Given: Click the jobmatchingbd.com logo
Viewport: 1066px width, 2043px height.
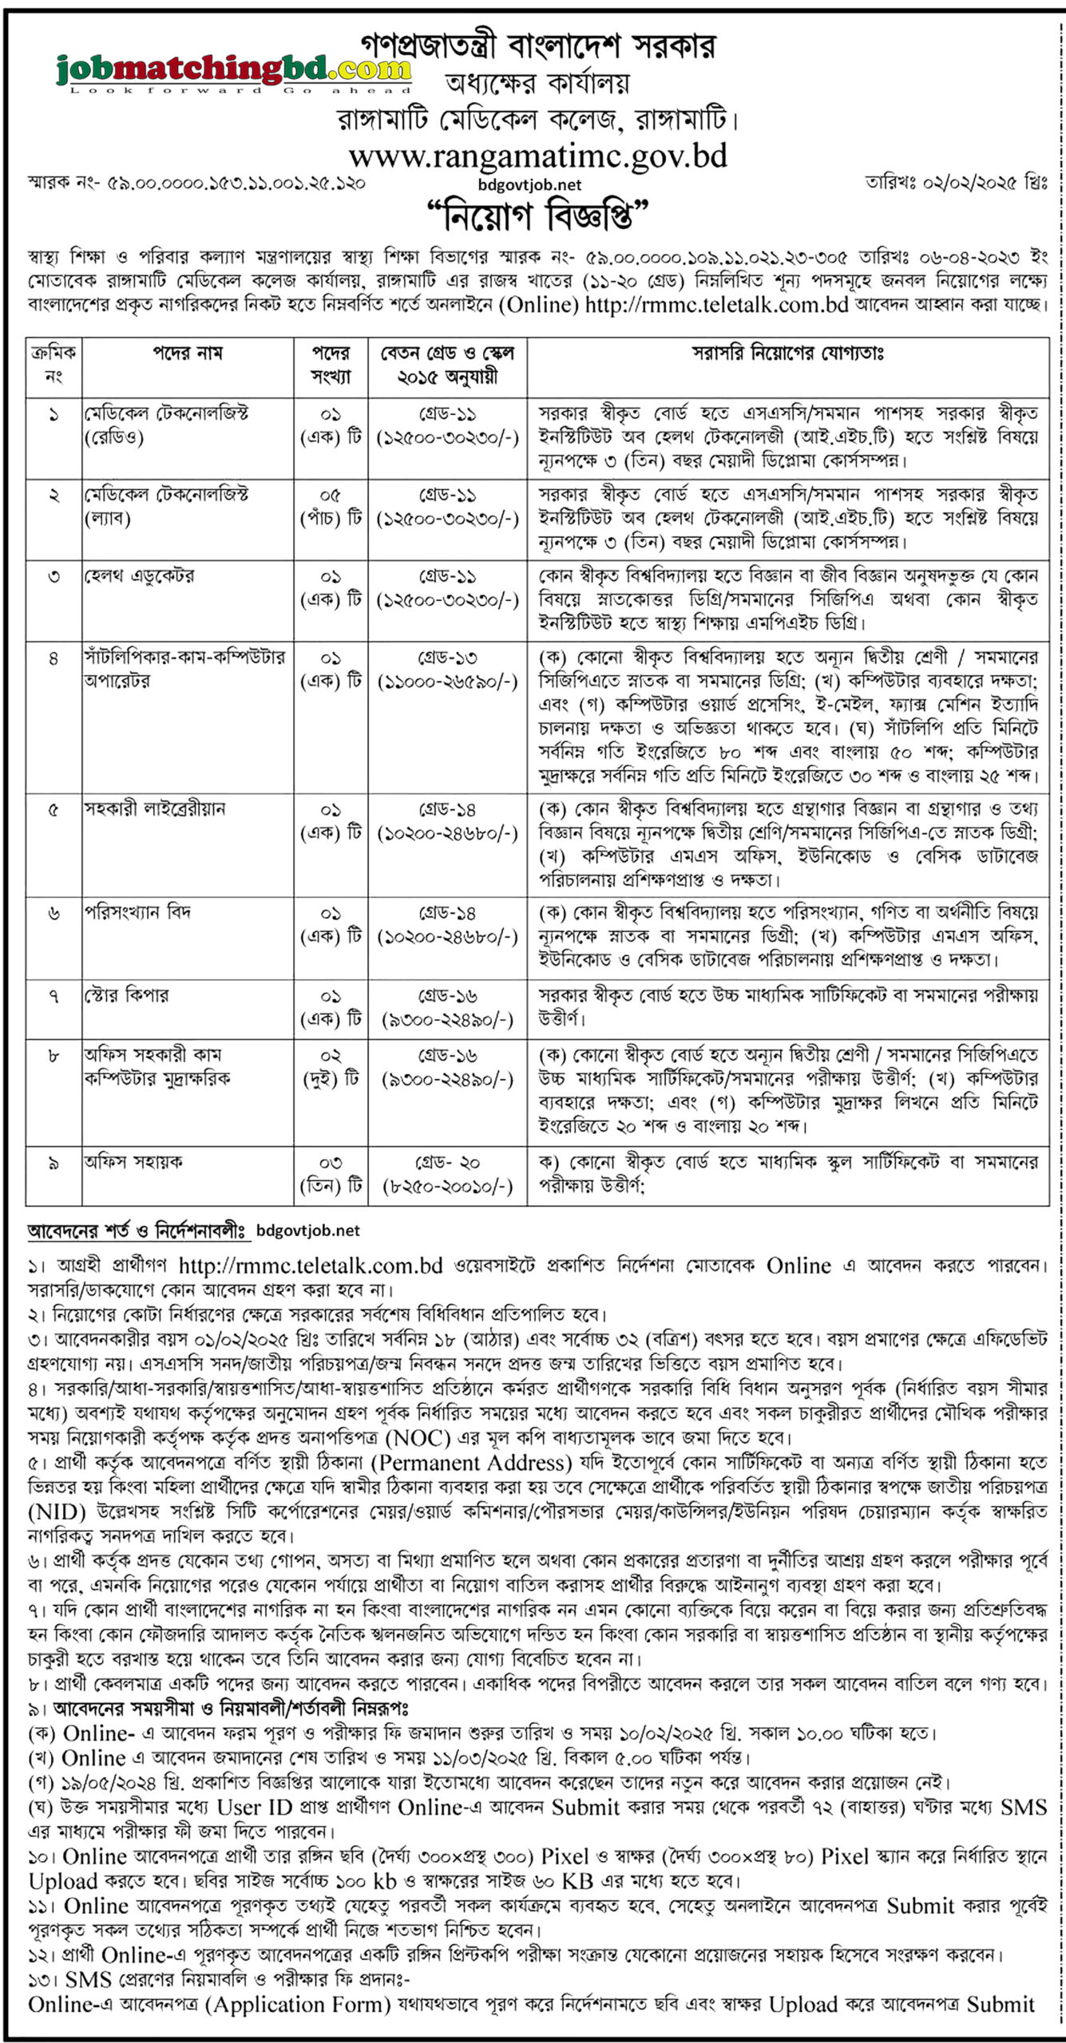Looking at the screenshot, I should (233, 70).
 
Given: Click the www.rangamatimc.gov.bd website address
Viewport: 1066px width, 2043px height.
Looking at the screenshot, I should (537, 156).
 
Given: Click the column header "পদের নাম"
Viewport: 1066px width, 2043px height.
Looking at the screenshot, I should (187, 353).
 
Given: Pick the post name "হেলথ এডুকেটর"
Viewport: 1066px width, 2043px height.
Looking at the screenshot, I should (140, 576).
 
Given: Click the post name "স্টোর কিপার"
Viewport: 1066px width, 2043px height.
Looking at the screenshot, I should (127, 995).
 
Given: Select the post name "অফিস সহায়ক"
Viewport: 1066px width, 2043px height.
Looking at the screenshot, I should (133, 1162).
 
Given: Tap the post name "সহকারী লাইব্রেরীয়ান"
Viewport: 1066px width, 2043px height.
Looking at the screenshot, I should (156, 808).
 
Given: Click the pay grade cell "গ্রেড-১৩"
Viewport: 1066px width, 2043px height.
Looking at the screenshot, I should (447, 658).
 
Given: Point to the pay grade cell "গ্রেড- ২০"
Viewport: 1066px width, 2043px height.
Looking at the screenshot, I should (447, 1162).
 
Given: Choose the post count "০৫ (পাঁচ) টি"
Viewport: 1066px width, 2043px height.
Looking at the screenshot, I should (331, 507).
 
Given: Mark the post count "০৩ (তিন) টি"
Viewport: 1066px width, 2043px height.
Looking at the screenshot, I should (331, 1174).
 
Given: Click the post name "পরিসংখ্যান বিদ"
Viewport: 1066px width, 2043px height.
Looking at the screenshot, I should (138, 912).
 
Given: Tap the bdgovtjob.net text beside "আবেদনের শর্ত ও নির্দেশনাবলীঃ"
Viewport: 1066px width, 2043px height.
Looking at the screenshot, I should (308, 1231).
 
